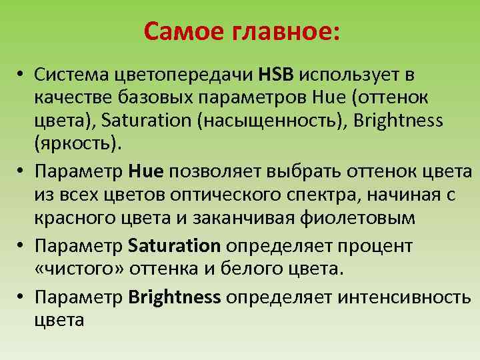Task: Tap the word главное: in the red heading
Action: coord(285,31)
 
